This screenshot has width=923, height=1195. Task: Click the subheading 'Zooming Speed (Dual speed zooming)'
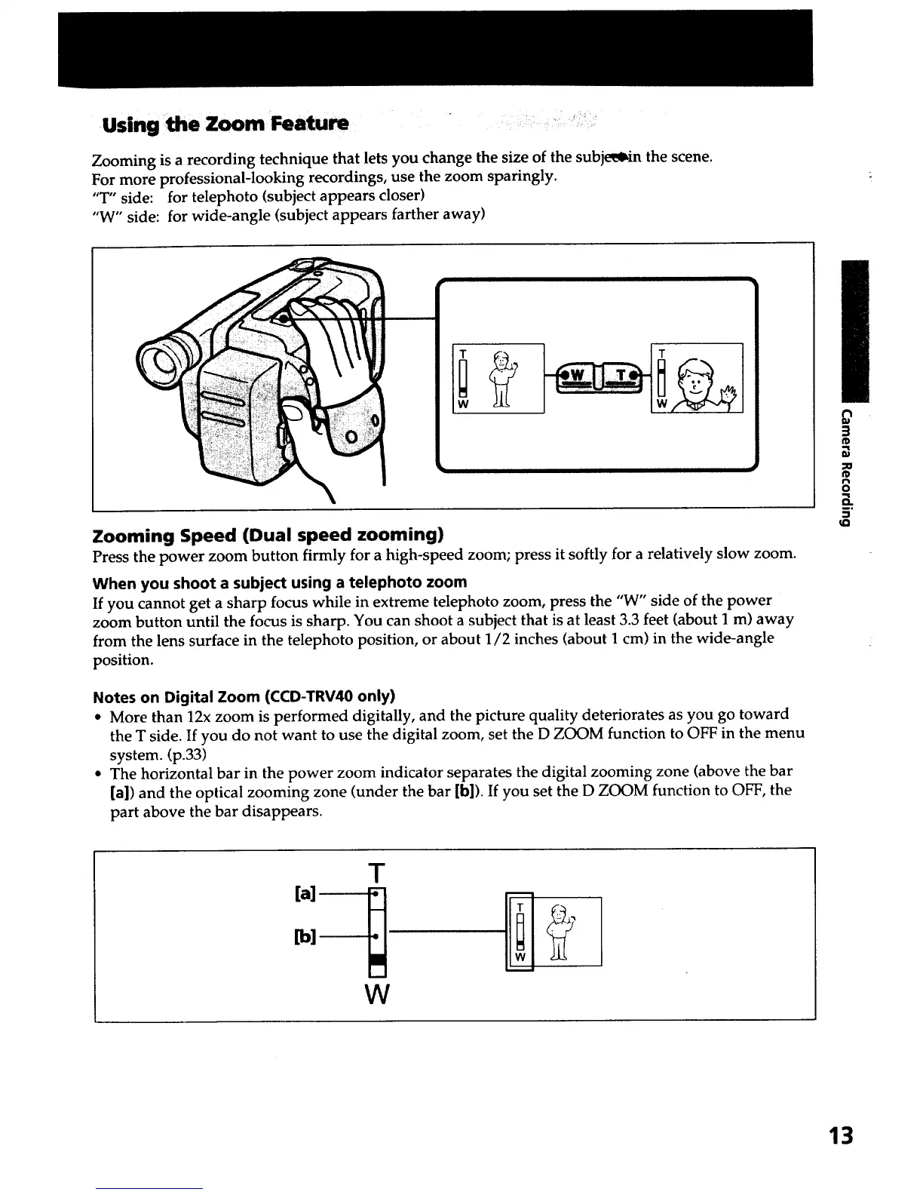pyautogui.click(x=267, y=536)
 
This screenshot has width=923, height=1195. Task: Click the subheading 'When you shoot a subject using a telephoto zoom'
pyautogui.click(x=279, y=582)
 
